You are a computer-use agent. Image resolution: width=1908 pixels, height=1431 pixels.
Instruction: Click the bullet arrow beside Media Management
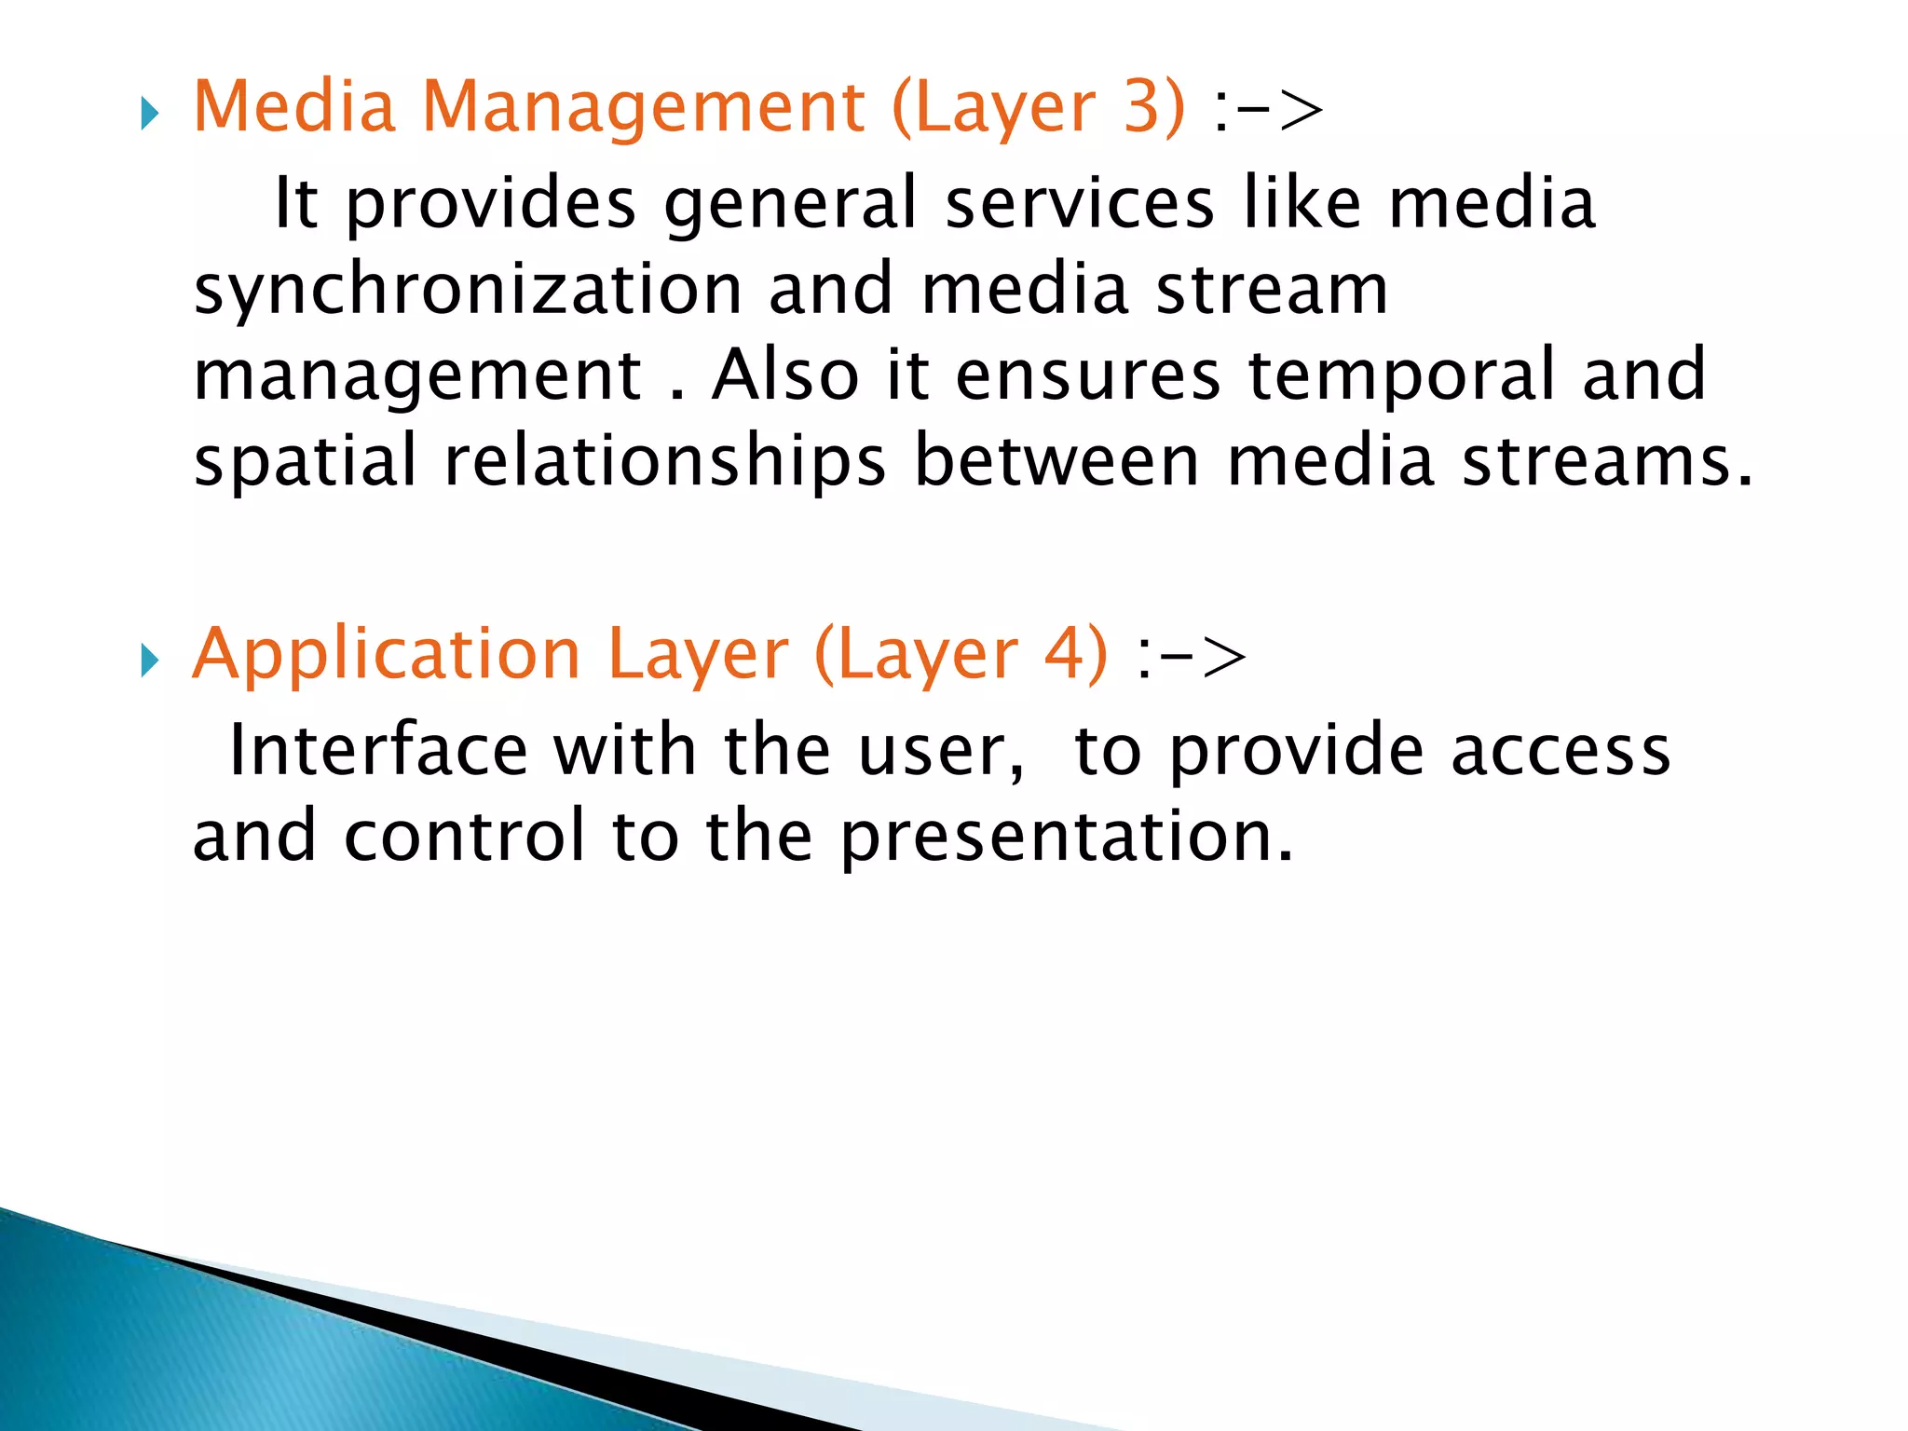(x=149, y=116)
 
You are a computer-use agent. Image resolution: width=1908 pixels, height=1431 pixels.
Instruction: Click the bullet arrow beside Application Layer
(x=149, y=661)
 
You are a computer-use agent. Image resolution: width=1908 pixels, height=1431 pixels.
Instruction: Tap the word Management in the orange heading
(x=643, y=108)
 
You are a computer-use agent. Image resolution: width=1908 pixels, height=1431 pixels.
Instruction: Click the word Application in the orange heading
(x=387, y=655)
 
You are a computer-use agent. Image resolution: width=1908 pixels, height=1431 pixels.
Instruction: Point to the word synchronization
(x=468, y=291)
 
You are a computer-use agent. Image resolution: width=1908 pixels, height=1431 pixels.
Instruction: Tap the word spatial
(x=305, y=462)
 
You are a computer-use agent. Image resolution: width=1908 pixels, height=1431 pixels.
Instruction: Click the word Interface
(x=377, y=750)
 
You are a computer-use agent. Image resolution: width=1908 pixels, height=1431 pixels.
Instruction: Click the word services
(x=1080, y=203)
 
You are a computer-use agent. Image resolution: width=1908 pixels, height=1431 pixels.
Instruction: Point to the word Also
(x=784, y=375)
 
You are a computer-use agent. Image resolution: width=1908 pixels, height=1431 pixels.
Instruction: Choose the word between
(x=1056, y=461)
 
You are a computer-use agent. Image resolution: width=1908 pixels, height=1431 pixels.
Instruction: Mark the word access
(x=1560, y=751)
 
